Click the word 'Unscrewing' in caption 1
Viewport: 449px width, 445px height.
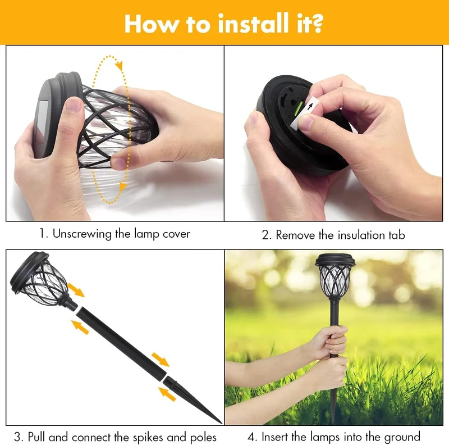82,234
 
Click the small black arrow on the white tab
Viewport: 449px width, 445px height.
310,106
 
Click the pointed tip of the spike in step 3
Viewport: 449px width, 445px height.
221,423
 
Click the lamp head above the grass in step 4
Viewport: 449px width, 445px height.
335,275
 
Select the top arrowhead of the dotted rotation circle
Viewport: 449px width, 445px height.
120,65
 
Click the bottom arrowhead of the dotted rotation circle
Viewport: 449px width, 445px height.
122,187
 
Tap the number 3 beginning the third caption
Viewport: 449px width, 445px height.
18,438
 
